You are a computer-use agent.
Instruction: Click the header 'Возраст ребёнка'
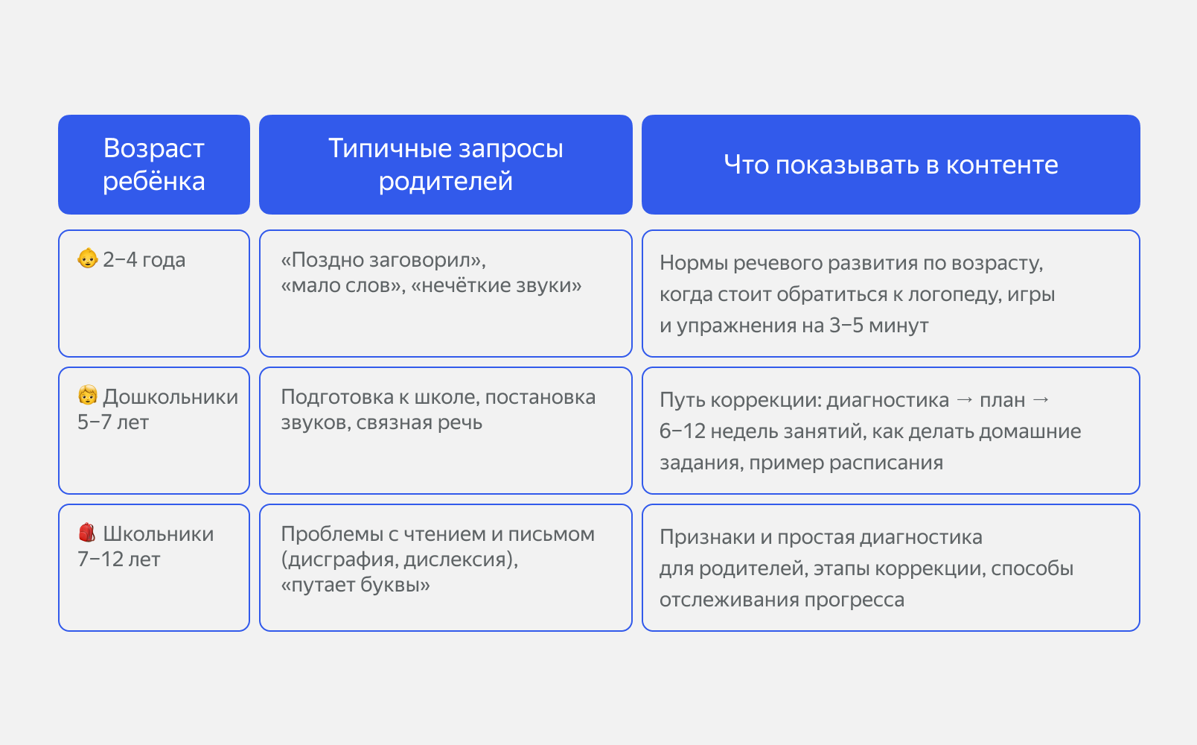click(x=154, y=165)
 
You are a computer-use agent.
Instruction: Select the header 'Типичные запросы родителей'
click(x=445, y=165)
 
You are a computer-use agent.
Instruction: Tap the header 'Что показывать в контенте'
click(x=890, y=165)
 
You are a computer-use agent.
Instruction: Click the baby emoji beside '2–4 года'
click(x=88, y=259)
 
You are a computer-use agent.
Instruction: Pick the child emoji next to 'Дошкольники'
click(x=88, y=396)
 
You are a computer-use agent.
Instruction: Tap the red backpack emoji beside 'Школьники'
click(x=87, y=533)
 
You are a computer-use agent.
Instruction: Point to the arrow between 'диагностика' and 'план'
click(x=964, y=400)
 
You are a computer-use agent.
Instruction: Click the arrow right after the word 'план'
click(x=1041, y=400)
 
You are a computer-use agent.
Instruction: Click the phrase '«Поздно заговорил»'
click(x=383, y=260)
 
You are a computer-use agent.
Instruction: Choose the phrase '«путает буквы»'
click(x=355, y=585)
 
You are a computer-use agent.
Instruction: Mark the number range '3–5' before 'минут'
click(x=846, y=326)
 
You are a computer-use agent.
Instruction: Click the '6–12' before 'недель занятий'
click(x=682, y=431)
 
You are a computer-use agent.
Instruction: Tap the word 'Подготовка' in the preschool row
click(x=336, y=397)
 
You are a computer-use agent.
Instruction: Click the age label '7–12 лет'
click(x=118, y=559)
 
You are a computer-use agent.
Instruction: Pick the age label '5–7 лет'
click(x=113, y=422)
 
